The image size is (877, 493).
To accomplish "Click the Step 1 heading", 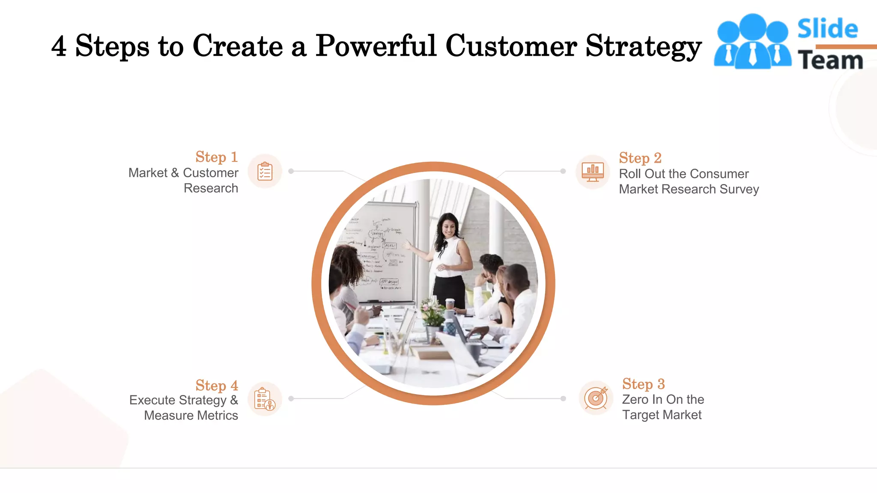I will click(216, 157).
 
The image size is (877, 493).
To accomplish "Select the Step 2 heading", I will click(640, 158).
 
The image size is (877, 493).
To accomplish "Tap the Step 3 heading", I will click(643, 384).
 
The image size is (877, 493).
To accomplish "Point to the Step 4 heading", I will click(216, 386).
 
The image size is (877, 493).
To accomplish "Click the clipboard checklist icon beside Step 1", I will click(265, 172).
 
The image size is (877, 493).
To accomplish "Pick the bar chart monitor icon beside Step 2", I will click(593, 172).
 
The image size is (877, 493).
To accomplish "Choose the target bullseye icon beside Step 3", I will click(596, 398).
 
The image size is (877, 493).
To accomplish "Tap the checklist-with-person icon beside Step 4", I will click(265, 399).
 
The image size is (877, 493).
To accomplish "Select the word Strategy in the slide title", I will click(643, 46).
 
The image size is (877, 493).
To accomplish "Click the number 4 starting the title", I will click(59, 46).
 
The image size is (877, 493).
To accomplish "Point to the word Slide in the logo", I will click(827, 29).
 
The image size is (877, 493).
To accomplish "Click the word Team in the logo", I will click(830, 60).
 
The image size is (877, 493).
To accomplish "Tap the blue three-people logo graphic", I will click(752, 42).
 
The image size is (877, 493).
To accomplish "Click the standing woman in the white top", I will click(450, 261).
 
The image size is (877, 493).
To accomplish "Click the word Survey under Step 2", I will click(739, 189).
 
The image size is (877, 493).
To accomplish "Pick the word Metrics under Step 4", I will click(218, 416).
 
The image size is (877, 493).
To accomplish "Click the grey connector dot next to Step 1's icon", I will click(291, 171).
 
